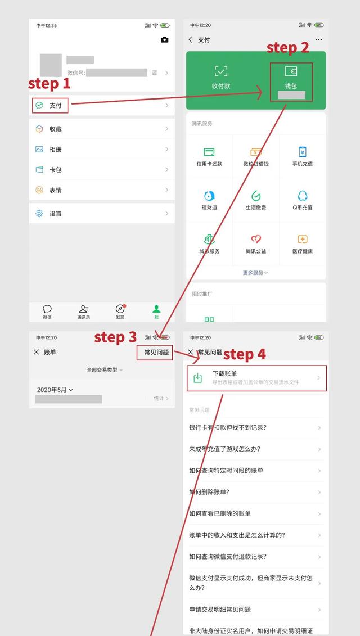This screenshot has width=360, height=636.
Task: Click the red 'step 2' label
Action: coord(287,48)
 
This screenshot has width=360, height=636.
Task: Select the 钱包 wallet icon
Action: coord(291,72)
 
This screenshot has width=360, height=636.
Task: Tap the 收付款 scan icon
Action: coord(221,71)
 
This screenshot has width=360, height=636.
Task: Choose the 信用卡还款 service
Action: coord(209,152)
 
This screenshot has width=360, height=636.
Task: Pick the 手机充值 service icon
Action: coord(302,152)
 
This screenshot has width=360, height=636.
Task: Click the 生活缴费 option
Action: coord(256,196)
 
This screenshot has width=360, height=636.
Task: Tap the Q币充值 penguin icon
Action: coord(302,196)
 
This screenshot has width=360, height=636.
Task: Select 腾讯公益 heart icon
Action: coord(256,240)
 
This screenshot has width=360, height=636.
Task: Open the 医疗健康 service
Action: coord(302,240)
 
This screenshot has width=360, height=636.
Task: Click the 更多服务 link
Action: coord(255,273)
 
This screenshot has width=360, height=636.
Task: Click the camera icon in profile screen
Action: coord(164,40)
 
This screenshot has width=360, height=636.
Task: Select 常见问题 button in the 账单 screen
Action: coord(156,352)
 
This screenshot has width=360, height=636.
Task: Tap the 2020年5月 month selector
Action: coord(55,390)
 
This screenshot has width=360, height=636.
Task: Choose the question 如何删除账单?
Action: coord(209,492)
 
